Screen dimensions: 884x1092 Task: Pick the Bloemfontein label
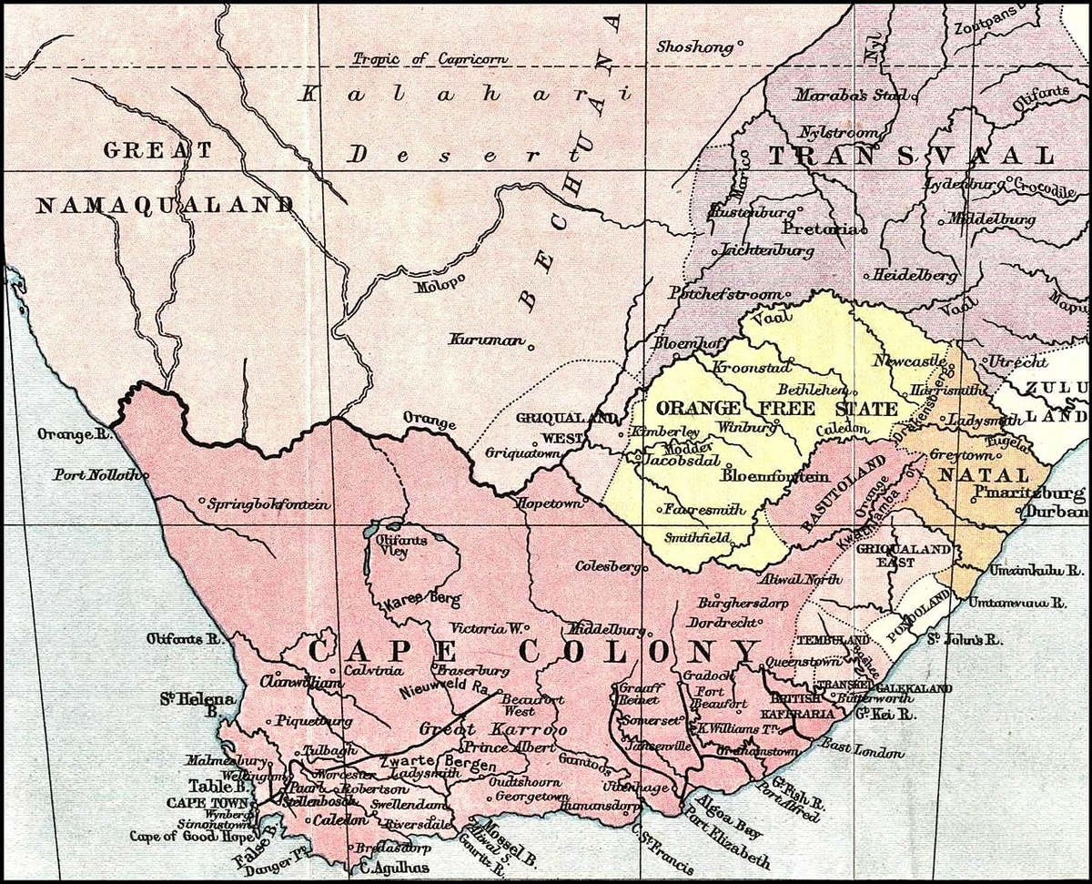coord(775,475)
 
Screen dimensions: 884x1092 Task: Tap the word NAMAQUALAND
coord(165,206)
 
